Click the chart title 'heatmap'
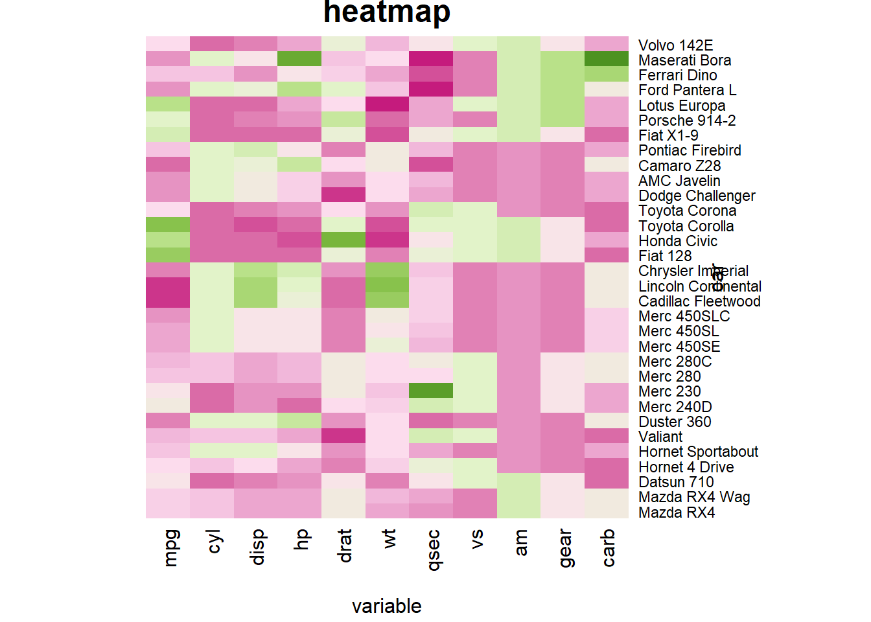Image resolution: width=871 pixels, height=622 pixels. tap(387, 12)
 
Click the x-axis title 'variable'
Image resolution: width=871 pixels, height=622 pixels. tap(387, 606)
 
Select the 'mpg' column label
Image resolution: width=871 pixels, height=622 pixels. tap(170, 548)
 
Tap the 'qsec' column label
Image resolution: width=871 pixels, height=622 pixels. tap(434, 550)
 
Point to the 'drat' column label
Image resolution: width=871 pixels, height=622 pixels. tap(345, 546)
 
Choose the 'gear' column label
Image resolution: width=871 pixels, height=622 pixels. tap(564, 548)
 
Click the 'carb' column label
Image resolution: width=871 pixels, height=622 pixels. tap(608, 548)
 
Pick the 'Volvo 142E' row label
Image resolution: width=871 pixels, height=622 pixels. tap(675, 45)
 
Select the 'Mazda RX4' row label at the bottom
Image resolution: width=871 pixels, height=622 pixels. tap(677, 513)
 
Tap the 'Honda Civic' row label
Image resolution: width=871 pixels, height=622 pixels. tap(678, 241)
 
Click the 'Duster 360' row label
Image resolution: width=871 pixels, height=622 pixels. tap(675, 422)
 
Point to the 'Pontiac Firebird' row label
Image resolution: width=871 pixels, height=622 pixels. tap(690, 150)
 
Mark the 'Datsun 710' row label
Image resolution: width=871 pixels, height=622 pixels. tap(676, 482)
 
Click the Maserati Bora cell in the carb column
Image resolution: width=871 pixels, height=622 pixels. tap(607, 59)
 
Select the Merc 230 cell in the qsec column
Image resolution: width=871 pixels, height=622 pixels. tap(431, 391)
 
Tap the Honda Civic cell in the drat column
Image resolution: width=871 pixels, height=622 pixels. tap(343, 240)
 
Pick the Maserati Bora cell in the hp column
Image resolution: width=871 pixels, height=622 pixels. tap(299, 59)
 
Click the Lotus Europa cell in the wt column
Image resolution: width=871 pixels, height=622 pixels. tap(387, 104)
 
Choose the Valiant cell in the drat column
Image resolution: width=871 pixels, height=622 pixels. tap(343, 436)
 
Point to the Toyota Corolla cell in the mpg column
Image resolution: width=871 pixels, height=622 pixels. tap(168, 225)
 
